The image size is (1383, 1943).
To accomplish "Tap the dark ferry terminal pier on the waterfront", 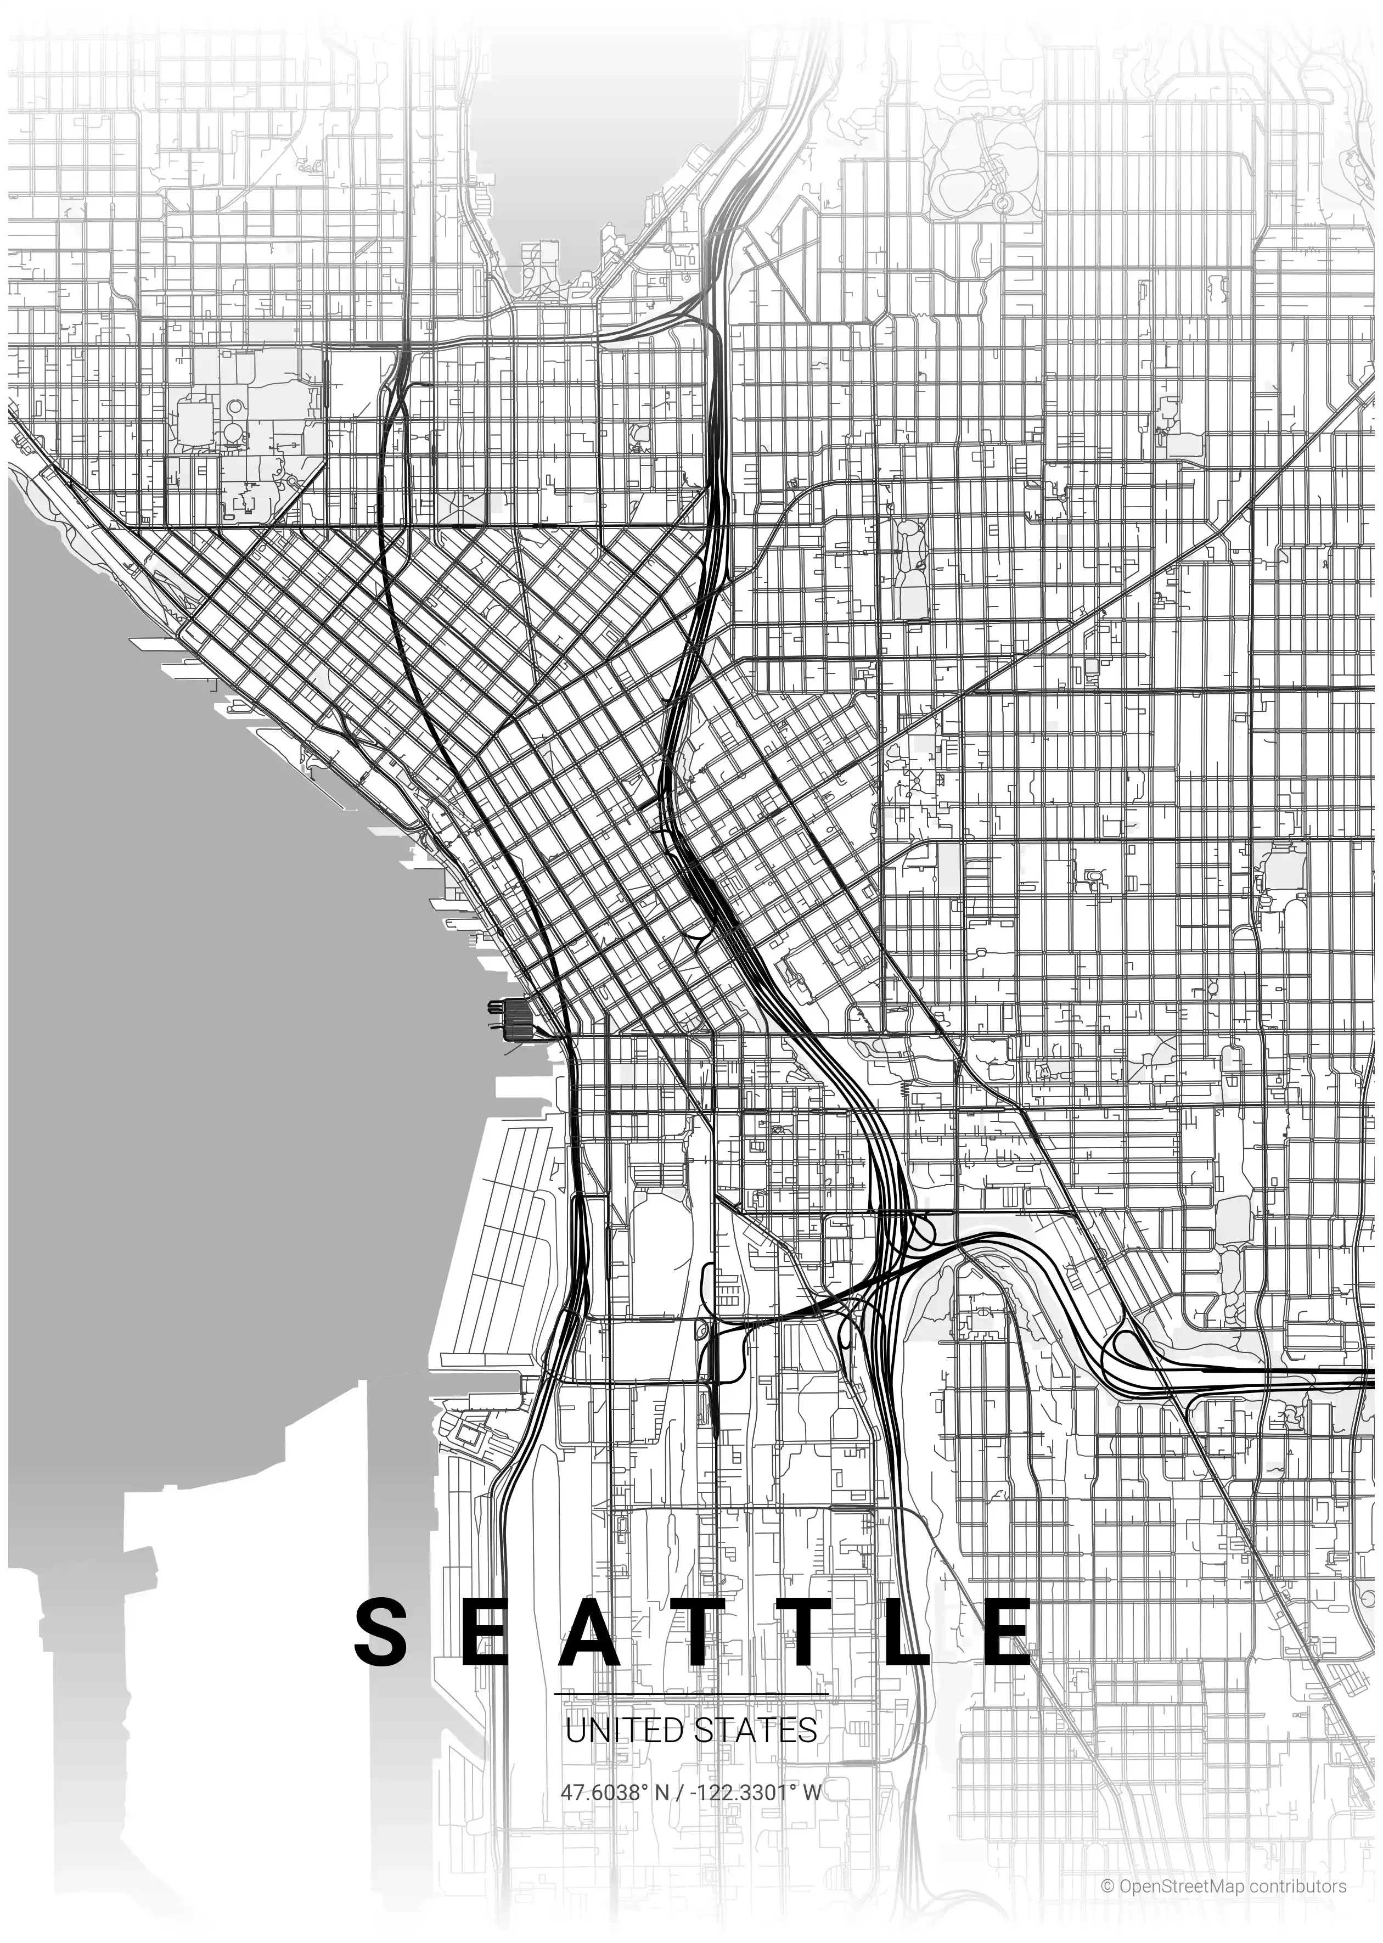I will click(516, 1019).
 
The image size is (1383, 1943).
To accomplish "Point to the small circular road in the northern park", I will click(1002, 203).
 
